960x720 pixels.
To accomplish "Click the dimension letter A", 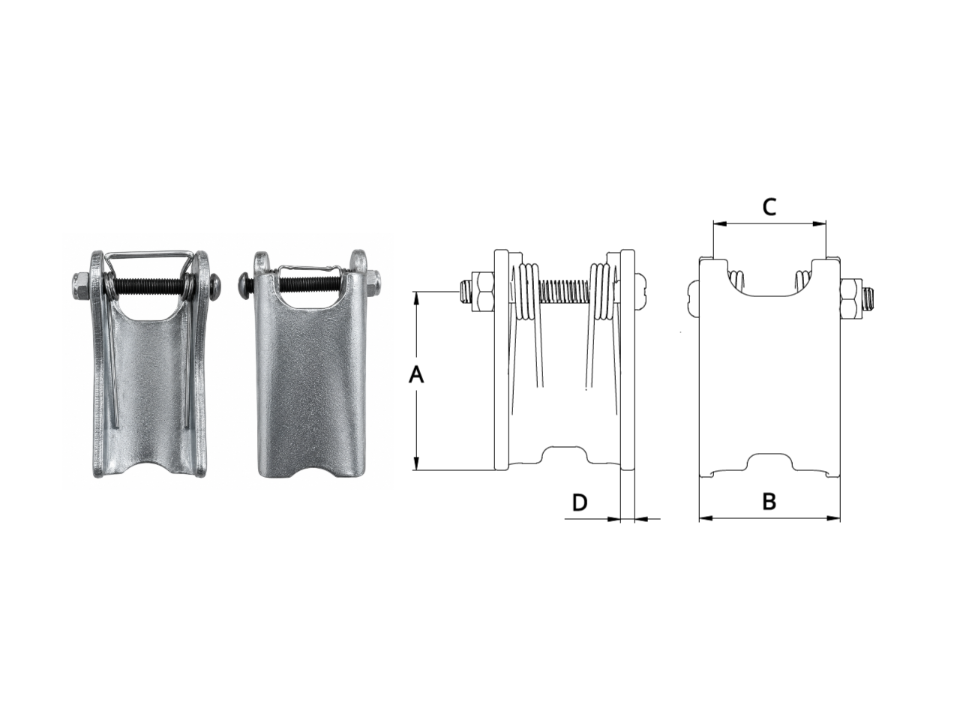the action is pos(416,376).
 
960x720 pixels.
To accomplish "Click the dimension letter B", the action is pos(769,502).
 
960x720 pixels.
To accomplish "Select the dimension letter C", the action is pos(769,207).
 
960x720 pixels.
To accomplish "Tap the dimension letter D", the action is pos(580,502).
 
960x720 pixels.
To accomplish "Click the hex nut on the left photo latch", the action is pos(81,286).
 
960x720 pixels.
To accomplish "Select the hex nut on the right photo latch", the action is pos(372,283).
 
